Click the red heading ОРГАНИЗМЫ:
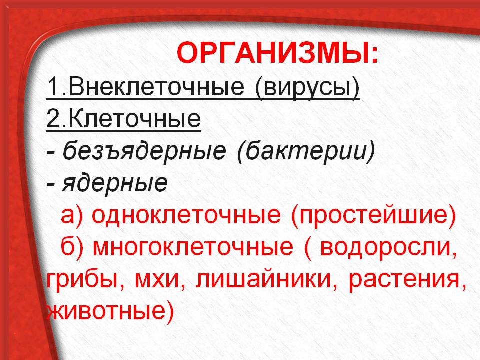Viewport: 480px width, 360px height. (x=278, y=54)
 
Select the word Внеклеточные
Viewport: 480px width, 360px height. (x=156, y=86)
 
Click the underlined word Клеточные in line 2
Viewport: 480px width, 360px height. (x=135, y=119)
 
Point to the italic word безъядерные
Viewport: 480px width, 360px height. (x=144, y=151)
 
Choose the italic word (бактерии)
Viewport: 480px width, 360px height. (x=306, y=151)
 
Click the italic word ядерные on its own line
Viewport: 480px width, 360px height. (x=115, y=183)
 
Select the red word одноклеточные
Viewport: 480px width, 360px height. (x=186, y=214)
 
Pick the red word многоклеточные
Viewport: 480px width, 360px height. (x=193, y=247)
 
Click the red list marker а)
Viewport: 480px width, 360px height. (x=72, y=215)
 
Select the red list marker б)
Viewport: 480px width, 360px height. (x=72, y=247)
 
